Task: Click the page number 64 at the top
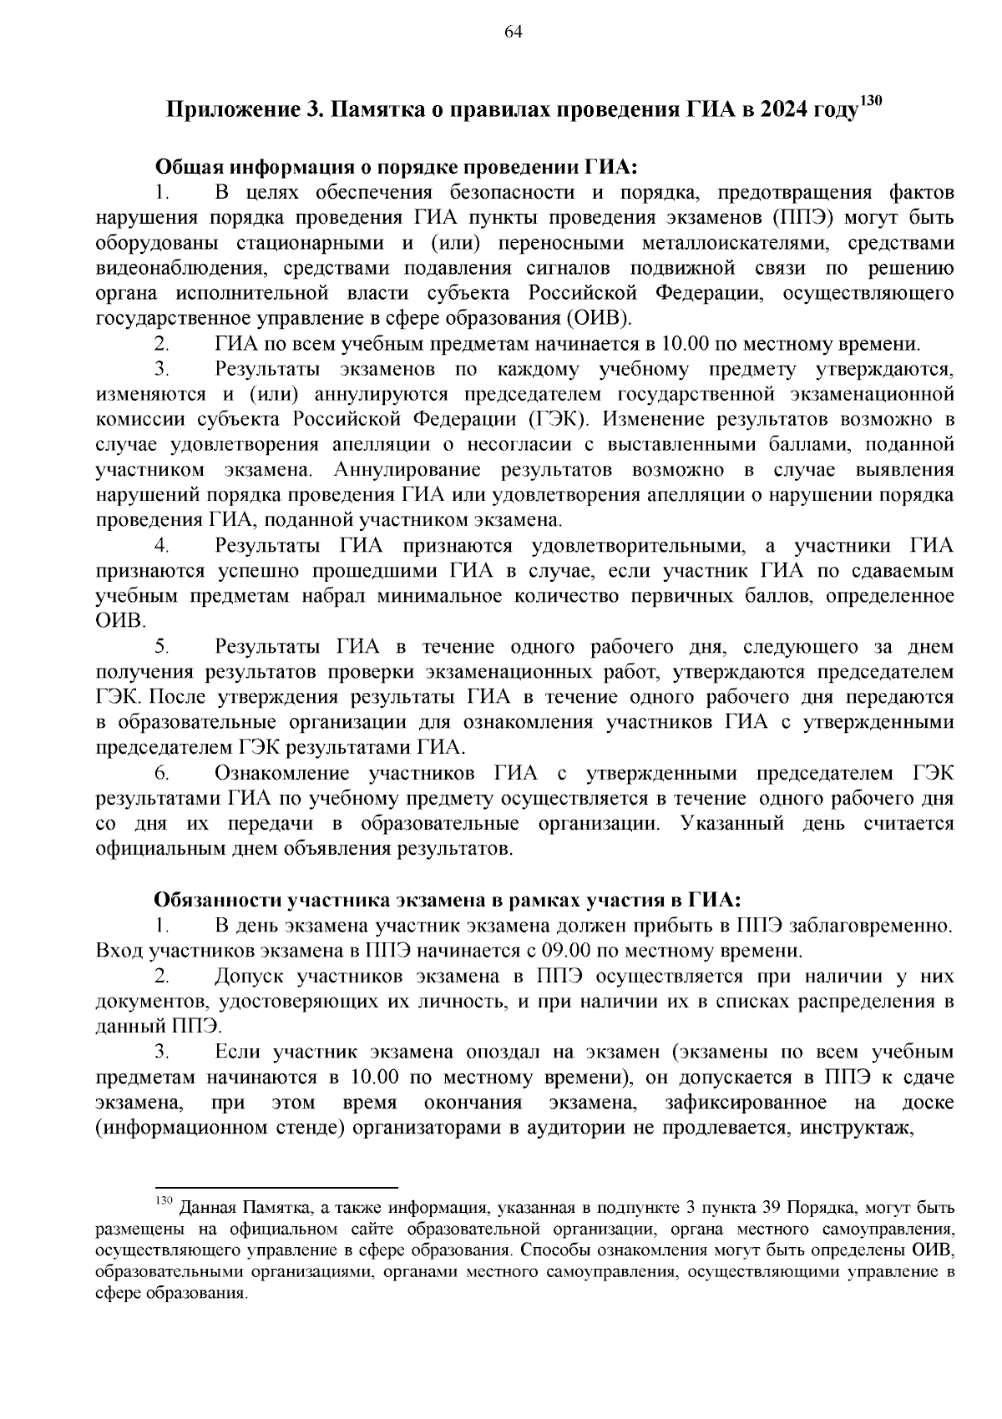tap(514, 33)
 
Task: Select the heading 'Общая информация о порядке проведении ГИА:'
tap(396, 167)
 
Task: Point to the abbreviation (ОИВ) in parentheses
tap(599, 318)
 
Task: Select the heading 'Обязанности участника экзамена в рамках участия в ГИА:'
tap(447, 900)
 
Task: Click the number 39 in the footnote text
tap(772, 1208)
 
